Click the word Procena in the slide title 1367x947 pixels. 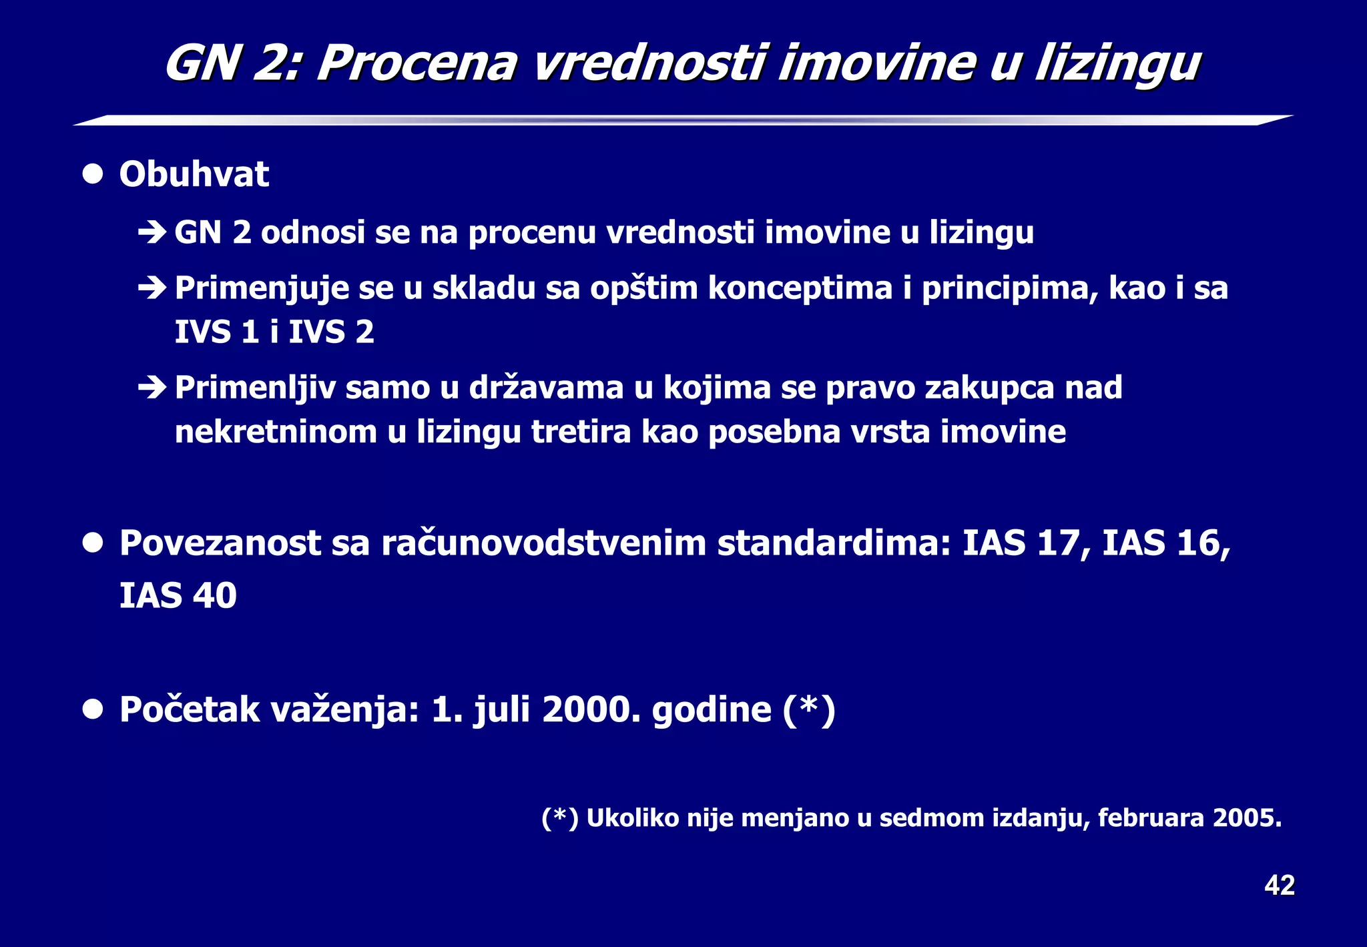tap(417, 64)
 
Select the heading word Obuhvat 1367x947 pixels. tap(194, 175)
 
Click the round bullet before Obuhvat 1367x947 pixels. tap(93, 175)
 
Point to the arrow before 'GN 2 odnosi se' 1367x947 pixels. tap(152, 233)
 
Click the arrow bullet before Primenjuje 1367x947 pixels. tap(152, 288)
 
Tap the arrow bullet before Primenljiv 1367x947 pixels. tap(152, 388)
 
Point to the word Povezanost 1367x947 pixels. tap(220, 543)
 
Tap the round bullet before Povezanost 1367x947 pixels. tap(93, 543)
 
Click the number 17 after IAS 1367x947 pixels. tap(1058, 543)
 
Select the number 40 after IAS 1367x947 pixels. tap(215, 595)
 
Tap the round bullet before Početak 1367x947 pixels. tap(93, 709)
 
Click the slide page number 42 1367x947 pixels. tap(1279, 886)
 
